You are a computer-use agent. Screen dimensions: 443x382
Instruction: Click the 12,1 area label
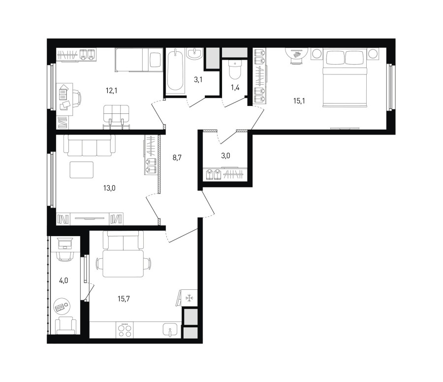coord(112,91)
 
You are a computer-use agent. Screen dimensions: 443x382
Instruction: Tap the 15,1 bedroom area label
coord(299,101)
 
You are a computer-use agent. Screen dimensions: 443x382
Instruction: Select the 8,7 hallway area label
coord(177,158)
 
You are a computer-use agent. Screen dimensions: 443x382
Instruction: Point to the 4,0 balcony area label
coord(63,280)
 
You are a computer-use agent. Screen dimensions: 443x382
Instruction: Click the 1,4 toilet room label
coord(235,88)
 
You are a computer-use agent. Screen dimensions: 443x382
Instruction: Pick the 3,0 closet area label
coord(225,156)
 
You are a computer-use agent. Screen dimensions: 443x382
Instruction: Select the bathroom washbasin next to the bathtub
coord(194,53)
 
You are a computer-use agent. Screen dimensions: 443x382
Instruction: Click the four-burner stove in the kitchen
coord(125,330)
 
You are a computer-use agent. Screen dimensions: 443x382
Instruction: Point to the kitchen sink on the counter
coord(170,330)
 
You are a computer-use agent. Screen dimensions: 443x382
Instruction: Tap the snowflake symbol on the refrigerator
coord(189,298)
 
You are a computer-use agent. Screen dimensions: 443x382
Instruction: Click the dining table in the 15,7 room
coord(123,264)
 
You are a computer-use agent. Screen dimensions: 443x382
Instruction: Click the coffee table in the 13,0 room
coord(82,170)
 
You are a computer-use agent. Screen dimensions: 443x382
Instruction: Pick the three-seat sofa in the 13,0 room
coord(89,145)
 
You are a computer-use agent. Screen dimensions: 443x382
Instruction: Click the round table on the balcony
coord(62,307)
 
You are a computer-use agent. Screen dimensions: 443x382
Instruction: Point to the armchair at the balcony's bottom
coord(66,325)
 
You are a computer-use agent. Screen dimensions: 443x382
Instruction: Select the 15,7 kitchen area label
coord(124,299)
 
